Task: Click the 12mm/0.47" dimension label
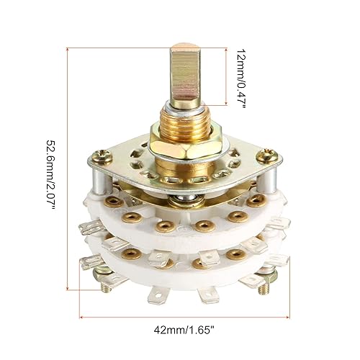[241, 74]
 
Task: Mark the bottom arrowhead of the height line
[68, 287]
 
